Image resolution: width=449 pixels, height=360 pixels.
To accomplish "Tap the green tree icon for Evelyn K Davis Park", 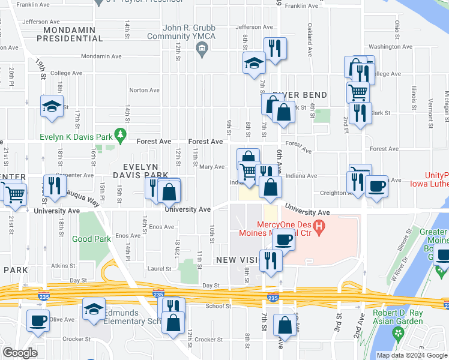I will [121, 133].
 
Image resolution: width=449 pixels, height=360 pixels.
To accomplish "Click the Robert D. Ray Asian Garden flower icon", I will [397, 332].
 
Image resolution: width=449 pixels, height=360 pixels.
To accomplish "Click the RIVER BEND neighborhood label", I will [302, 95].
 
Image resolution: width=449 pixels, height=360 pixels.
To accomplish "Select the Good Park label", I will [91, 238].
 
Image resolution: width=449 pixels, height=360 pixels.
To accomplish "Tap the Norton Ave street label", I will [144, 91].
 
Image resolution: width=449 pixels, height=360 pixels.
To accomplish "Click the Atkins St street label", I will [63, 265].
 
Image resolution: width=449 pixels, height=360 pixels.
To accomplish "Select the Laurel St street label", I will [160, 269].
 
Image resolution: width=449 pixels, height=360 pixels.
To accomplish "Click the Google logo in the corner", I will [19, 353].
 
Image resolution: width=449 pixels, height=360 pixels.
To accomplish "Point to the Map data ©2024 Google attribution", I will [411, 355].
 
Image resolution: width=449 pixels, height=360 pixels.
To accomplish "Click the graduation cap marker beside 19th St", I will [52, 106].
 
